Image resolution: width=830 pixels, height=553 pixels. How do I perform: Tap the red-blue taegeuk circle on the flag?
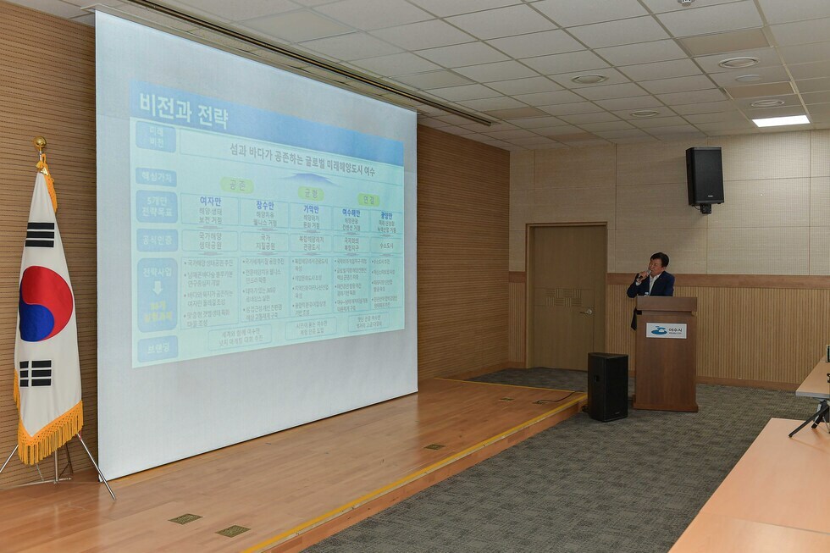[x=45, y=303]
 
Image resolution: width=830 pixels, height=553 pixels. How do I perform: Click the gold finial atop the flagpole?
[x=39, y=145]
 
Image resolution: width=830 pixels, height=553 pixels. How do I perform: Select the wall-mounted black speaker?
[x=704, y=177]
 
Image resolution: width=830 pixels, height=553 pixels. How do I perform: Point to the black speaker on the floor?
[x=607, y=386]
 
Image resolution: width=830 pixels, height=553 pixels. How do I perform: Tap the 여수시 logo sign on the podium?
[x=667, y=330]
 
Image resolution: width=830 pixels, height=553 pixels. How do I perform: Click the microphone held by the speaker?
[x=643, y=274]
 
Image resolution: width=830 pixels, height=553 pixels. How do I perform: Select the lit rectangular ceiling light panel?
[x=780, y=121]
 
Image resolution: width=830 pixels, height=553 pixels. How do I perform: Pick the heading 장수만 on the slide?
[x=263, y=205]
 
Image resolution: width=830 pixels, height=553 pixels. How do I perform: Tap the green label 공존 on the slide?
[x=236, y=185]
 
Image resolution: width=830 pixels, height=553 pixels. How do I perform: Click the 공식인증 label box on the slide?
[x=157, y=240]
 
